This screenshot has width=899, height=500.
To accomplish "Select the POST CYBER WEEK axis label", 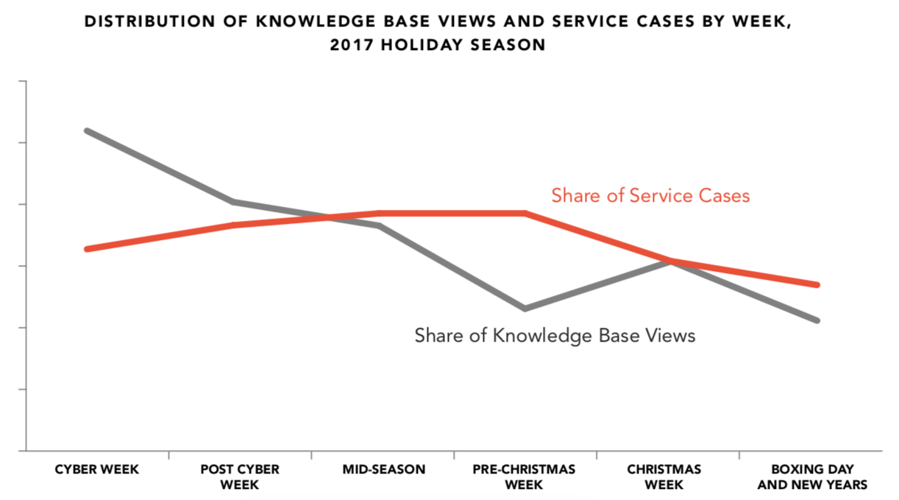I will pyautogui.click(x=239, y=477).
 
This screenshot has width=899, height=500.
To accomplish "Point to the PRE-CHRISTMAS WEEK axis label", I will pyautogui.click(x=525, y=477).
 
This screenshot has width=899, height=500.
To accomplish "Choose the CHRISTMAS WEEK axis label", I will pyautogui.click(x=664, y=477).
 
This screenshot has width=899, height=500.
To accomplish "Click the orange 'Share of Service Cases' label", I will pyautogui.click(x=650, y=196).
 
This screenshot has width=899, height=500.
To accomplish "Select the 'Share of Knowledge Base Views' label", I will pyautogui.click(x=555, y=336).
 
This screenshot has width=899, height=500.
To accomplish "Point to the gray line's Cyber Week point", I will pyautogui.click(x=87, y=130).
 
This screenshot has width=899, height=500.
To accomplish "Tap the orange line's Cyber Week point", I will pyautogui.click(x=87, y=249).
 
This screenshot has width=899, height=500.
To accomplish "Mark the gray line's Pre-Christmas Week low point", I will pyautogui.click(x=525, y=309).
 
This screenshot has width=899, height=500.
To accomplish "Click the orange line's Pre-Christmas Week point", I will pyautogui.click(x=525, y=214).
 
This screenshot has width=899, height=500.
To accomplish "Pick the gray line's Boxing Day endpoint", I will pyautogui.click(x=817, y=320).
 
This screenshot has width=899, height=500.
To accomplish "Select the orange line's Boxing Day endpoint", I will pyautogui.click(x=817, y=285).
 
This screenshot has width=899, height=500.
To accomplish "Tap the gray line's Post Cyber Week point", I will pyautogui.click(x=232, y=202).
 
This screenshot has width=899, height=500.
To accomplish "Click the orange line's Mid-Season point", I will pyautogui.click(x=379, y=214).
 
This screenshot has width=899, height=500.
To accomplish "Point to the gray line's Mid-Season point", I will pyautogui.click(x=379, y=225).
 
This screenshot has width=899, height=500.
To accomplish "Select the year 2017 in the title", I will pyautogui.click(x=351, y=45).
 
